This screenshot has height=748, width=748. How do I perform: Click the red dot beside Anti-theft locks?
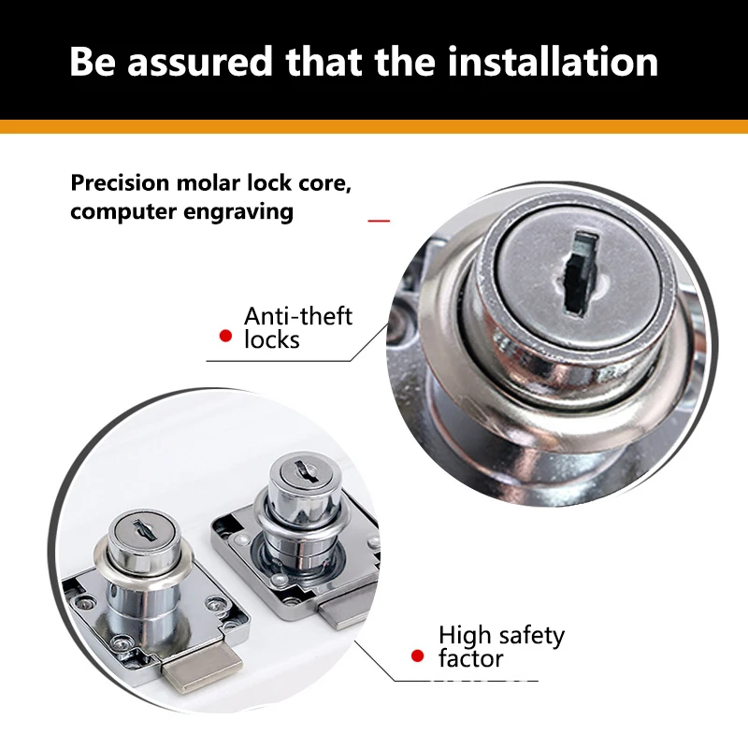[224, 335]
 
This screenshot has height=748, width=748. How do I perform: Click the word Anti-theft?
[298, 316]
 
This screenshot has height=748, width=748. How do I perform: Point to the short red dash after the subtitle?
[379, 221]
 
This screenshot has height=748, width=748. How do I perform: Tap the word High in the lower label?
[465, 637]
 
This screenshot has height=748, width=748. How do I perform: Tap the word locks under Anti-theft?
[272, 339]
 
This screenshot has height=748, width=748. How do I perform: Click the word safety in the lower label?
[531, 637]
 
